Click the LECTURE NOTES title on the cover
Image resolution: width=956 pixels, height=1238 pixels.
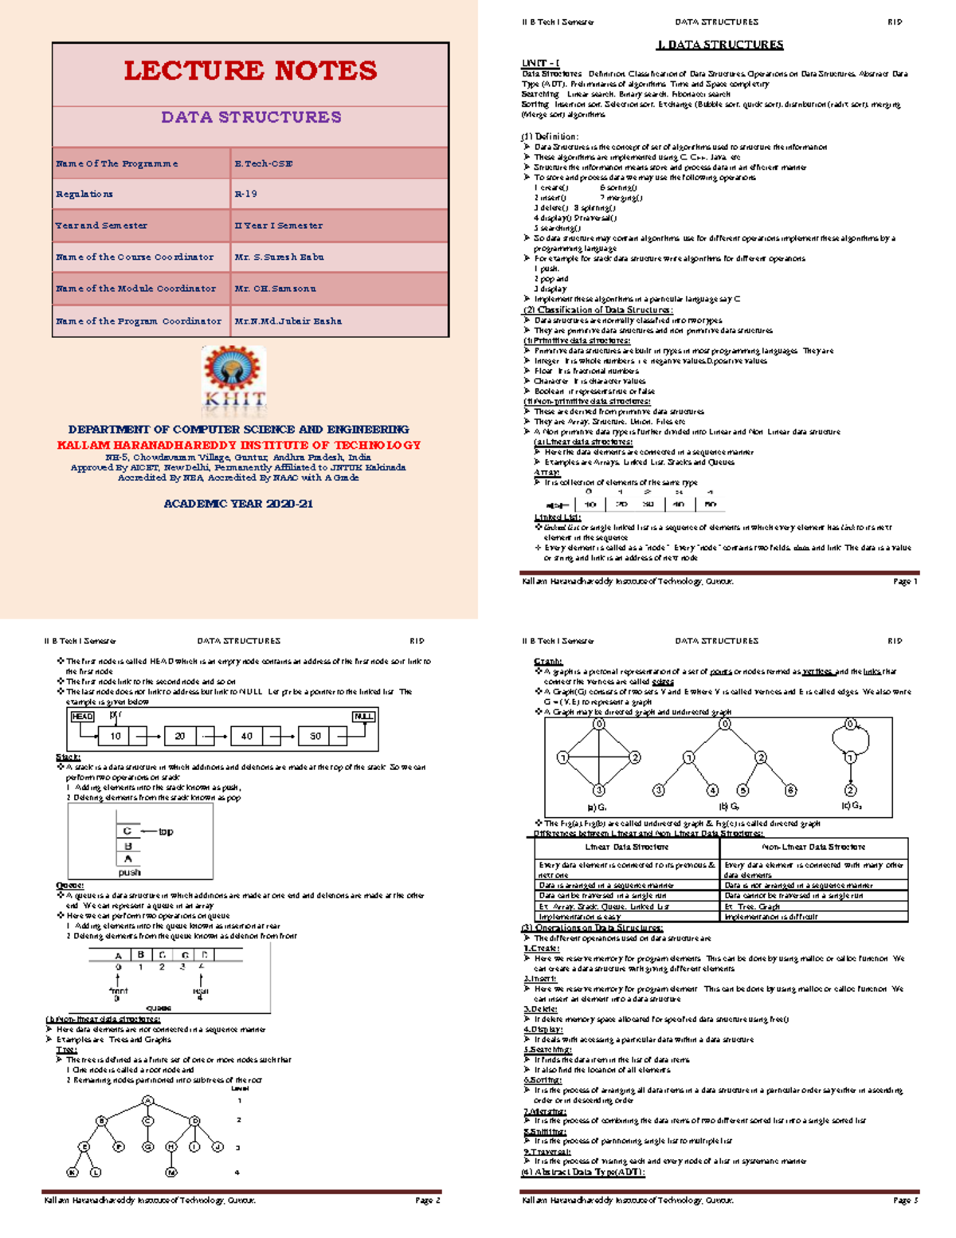coord(250,71)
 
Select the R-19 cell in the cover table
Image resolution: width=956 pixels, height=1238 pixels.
coord(245,195)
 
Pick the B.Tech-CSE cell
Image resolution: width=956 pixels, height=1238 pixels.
coord(263,163)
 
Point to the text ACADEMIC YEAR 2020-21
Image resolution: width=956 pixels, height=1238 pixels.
coord(238,505)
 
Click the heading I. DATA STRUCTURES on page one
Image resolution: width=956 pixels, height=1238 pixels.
coord(719,45)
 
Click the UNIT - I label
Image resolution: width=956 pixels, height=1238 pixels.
coord(540,63)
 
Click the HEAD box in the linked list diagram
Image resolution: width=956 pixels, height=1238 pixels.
coord(82,717)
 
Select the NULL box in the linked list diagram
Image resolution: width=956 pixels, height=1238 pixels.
coord(363,717)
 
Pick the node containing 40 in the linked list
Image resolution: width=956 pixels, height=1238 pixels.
coord(247,736)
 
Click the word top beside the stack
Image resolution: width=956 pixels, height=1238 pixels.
coord(166,832)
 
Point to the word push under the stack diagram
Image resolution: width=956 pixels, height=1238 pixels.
coord(129,873)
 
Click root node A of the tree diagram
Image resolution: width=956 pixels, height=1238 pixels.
coord(147,1101)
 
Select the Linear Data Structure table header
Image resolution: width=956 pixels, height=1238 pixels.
coord(626,847)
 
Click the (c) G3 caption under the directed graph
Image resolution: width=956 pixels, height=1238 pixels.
coord(851,806)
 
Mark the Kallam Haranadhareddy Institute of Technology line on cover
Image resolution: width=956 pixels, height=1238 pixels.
coord(238,445)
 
